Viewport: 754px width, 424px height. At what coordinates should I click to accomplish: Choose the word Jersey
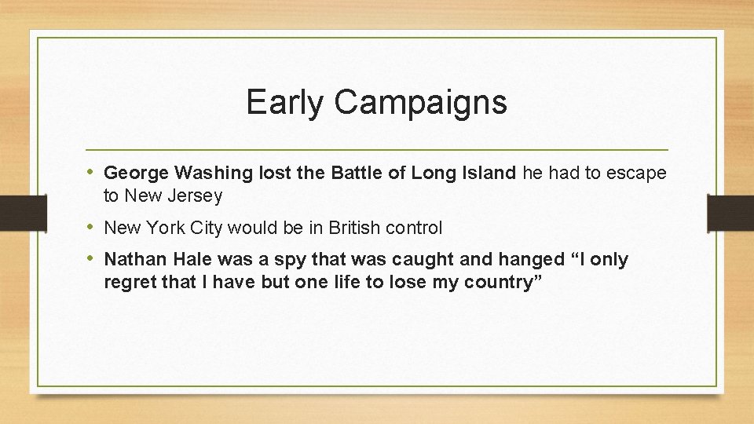point(196,196)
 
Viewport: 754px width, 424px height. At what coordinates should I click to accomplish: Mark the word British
point(354,228)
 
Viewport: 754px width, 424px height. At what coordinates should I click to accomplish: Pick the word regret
point(130,283)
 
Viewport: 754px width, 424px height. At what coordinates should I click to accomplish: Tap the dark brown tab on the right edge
point(730,212)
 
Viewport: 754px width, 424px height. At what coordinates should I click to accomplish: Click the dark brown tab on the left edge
point(14,212)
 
